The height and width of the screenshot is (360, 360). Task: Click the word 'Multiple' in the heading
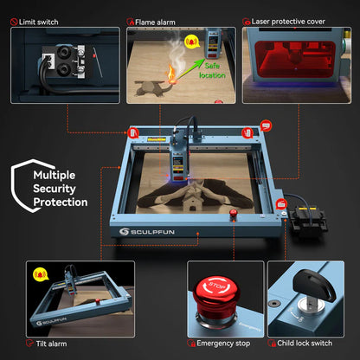55,174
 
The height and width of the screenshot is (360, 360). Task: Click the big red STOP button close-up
219,294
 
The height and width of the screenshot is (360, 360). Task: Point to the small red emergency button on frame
233,215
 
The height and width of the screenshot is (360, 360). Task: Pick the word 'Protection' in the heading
61,202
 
